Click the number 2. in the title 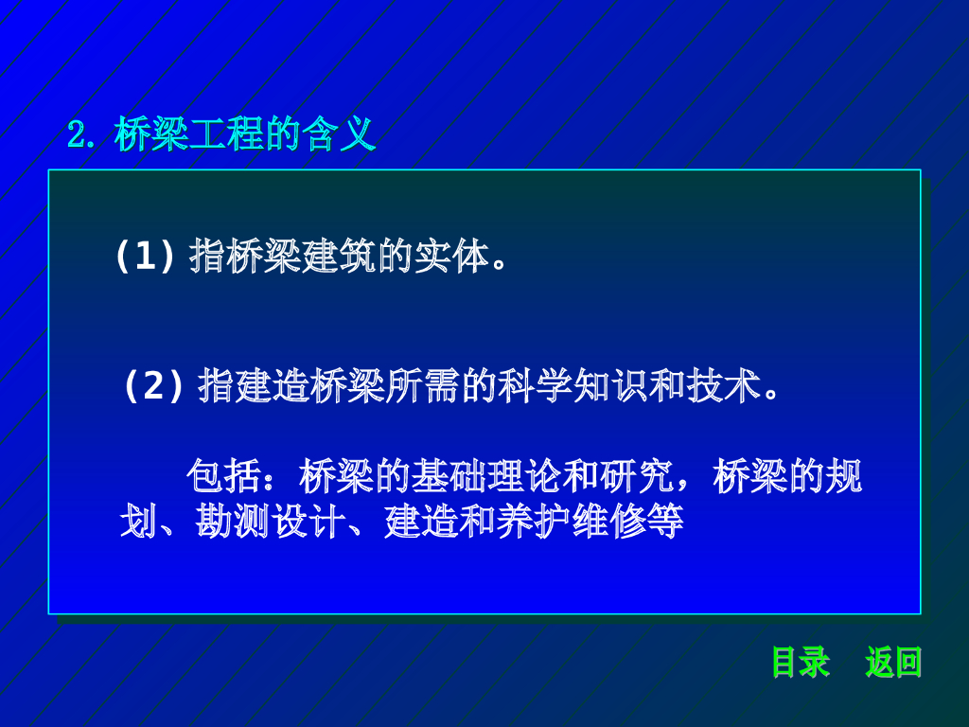pyautogui.click(x=81, y=134)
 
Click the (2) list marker pyautogui.click(x=153, y=385)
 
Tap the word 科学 pyautogui.click(x=536, y=385)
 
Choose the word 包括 pyautogui.click(x=223, y=476)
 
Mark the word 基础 pyautogui.click(x=449, y=476)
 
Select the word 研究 pyautogui.click(x=637, y=476)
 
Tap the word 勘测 pyautogui.click(x=233, y=522)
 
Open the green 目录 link pyautogui.click(x=801, y=662)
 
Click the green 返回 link pyautogui.click(x=893, y=662)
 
